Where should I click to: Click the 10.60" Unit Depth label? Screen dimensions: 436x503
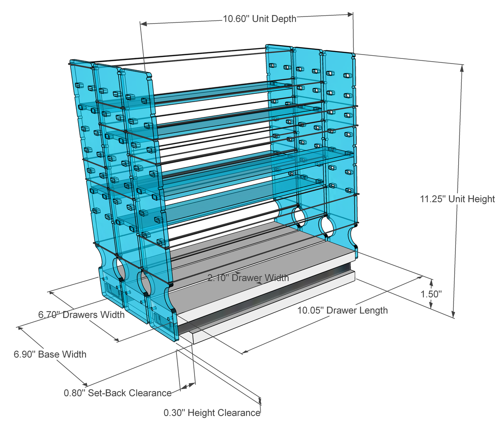(259, 19)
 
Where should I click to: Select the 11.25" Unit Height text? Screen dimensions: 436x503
(457, 199)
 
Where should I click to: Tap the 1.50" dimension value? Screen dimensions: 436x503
(431, 294)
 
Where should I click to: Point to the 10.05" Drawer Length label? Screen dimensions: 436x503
(342, 310)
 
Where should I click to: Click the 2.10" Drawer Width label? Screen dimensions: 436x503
(248, 278)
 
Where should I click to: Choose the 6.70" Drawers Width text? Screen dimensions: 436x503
(81, 315)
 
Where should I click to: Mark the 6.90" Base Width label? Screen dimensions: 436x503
(50, 354)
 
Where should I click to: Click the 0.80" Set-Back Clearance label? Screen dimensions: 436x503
(117, 393)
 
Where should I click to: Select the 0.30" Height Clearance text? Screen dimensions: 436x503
(212, 413)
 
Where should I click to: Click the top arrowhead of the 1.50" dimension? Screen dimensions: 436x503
(431, 282)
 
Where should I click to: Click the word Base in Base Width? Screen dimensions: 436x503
(48, 354)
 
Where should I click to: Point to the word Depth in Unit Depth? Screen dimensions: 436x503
(284, 19)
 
